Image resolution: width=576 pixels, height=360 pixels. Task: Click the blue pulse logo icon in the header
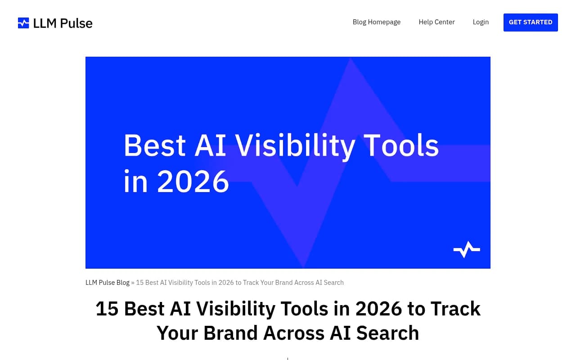click(x=23, y=23)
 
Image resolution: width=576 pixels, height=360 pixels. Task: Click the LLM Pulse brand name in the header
click(x=63, y=23)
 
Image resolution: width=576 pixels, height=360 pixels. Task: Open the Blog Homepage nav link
click(x=376, y=22)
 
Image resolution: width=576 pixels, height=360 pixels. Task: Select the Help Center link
click(x=436, y=22)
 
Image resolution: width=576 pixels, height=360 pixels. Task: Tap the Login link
click(x=481, y=22)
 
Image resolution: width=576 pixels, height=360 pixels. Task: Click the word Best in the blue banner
click(x=154, y=146)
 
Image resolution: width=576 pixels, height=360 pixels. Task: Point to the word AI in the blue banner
click(x=211, y=146)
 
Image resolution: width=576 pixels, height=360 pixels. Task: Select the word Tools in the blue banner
click(x=401, y=146)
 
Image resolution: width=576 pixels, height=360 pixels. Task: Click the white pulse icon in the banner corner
click(x=467, y=249)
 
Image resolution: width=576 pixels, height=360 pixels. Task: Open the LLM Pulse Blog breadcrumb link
click(x=107, y=283)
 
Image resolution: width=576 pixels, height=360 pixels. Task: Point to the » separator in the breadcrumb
click(x=133, y=283)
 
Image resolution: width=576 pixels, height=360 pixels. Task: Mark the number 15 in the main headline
click(x=107, y=309)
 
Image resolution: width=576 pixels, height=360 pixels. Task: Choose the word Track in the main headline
click(x=455, y=309)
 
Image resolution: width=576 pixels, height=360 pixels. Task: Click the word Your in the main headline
click(x=177, y=333)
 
